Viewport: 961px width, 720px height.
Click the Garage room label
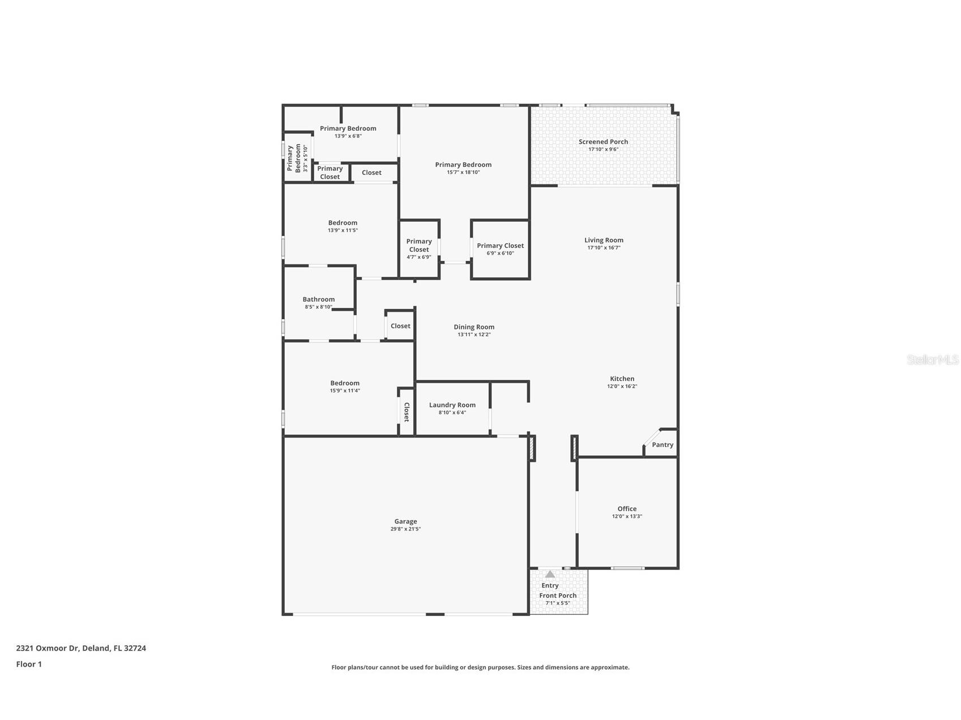tap(405, 521)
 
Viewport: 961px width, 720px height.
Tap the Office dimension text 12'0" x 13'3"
tap(627, 516)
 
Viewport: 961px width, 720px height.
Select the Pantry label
tap(662, 445)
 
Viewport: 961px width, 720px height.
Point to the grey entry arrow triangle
tap(550, 574)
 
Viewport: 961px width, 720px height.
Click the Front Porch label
tap(558, 595)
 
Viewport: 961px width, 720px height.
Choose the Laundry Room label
tap(452, 405)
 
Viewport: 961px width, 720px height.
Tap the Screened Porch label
tap(603, 142)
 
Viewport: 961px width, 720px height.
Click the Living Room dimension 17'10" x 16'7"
tap(604, 247)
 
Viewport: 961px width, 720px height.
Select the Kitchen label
tap(622, 379)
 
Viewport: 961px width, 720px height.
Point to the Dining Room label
tap(474, 327)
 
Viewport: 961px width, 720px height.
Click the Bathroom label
tap(318, 299)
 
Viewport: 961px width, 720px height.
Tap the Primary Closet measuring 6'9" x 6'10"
tap(500, 246)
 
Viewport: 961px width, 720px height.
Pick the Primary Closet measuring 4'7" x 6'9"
tap(419, 246)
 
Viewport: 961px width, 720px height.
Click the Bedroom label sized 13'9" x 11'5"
tap(343, 222)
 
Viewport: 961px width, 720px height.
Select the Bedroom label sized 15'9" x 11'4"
tap(345, 383)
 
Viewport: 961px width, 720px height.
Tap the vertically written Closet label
tap(406, 412)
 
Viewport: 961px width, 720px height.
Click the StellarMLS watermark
tap(932, 359)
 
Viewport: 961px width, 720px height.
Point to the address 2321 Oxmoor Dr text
tap(81, 648)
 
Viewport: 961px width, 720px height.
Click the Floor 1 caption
tap(29, 664)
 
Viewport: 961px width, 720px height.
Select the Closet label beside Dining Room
tap(400, 326)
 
